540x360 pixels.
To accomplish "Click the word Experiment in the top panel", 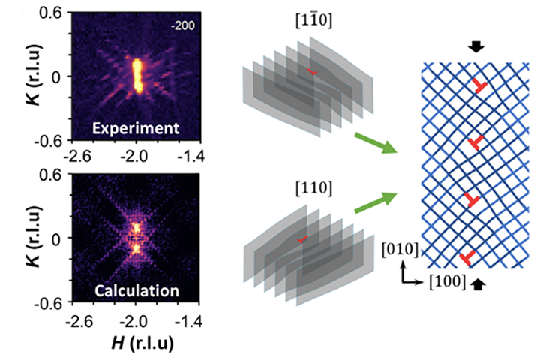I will click(x=136, y=128).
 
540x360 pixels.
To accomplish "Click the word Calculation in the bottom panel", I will click(x=136, y=289).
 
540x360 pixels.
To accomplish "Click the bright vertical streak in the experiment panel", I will click(x=136, y=74).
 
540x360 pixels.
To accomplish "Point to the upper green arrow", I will click(x=374, y=143).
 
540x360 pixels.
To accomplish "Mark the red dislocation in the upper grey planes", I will click(x=313, y=72).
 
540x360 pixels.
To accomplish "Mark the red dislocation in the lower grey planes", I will click(x=301, y=239).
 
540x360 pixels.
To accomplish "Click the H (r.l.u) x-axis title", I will click(x=136, y=342).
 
